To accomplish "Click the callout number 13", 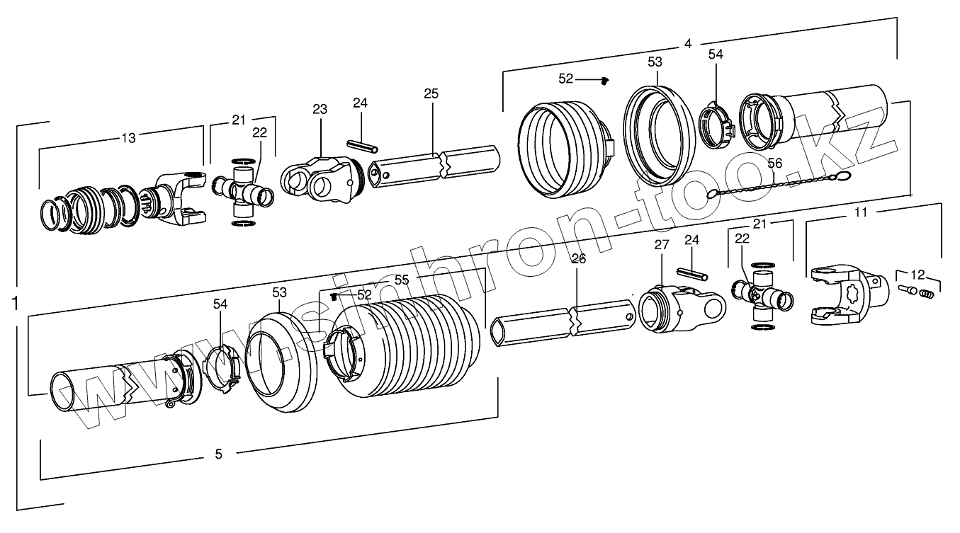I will [128, 138].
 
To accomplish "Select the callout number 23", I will [320, 110].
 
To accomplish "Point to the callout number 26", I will [579, 259].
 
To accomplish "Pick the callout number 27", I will [661, 246].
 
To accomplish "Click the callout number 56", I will [775, 163].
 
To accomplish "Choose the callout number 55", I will [402, 280].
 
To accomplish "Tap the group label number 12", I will [917, 274].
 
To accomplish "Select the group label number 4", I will [687, 44].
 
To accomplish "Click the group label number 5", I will [218, 454].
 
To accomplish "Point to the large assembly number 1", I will [15, 304].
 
